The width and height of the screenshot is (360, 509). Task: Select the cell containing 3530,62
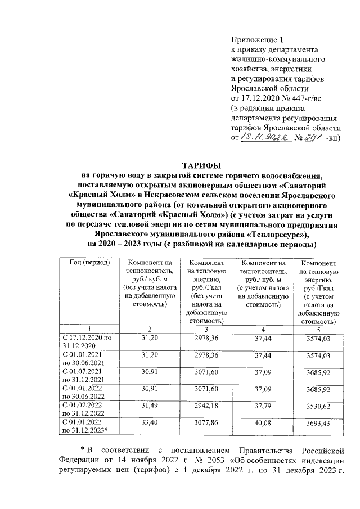318,404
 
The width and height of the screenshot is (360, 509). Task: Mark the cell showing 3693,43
318,422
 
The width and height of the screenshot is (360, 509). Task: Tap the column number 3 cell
206,328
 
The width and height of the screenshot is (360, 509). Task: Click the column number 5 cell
318,328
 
